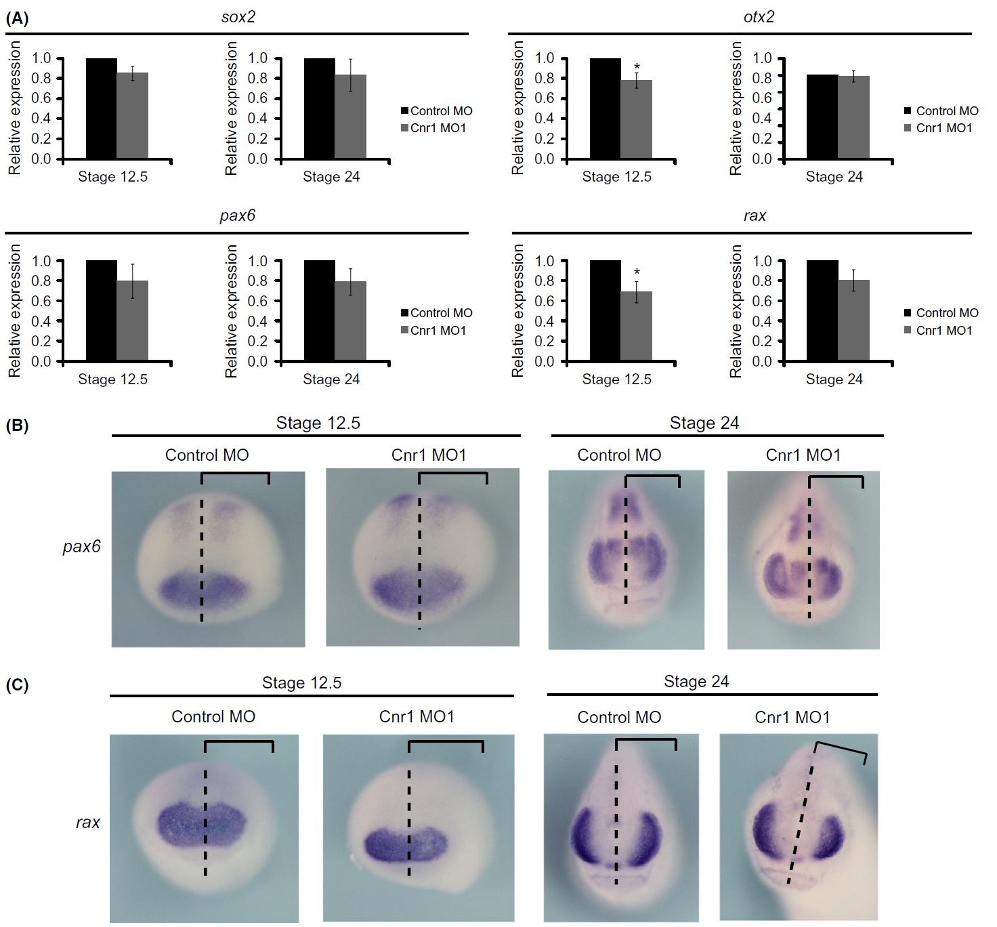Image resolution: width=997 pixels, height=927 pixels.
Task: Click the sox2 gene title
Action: (x=238, y=17)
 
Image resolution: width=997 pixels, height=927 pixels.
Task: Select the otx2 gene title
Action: (x=759, y=17)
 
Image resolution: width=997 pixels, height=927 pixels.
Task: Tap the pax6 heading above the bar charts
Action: (x=237, y=215)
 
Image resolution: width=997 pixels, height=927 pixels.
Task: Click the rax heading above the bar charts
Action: (x=755, y=215)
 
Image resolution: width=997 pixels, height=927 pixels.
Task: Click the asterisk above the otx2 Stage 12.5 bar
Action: (x=637, y=66)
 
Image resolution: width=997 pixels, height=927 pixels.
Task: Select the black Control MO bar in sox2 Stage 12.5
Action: (x=101, y=108)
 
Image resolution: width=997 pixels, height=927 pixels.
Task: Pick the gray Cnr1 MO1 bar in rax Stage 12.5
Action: (x=637, y=326)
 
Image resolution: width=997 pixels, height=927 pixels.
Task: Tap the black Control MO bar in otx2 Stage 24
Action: (x=822, y=117)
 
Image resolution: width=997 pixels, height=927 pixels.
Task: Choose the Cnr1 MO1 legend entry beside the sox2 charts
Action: (x=433, y=128)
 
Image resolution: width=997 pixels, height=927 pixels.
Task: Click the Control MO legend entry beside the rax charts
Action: (x=941, y=313)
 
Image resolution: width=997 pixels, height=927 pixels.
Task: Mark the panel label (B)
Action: (x=17, y=426)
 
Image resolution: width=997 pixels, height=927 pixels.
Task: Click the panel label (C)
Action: (x=17, y=685)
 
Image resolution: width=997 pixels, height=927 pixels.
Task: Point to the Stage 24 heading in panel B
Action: (x=704, y=423)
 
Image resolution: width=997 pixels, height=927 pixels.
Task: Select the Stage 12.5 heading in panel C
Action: (x=301, y=682)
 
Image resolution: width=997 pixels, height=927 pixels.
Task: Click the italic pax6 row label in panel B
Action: (x=81, y=546)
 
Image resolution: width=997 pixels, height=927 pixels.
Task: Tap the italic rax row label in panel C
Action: (x=88, y=823)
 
